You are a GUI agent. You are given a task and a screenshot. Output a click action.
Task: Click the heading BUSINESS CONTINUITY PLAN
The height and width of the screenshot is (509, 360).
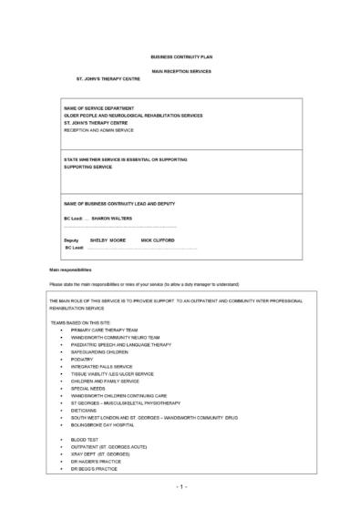[x=181, y=56]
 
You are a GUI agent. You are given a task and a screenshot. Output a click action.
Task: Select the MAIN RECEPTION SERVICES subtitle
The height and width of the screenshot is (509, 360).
[x=181, y=70]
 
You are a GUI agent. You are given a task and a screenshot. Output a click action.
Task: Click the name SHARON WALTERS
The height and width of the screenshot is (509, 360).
[x=112, y=218]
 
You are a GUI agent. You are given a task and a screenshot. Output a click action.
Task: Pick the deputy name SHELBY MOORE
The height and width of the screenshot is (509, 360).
[x=108, y=239]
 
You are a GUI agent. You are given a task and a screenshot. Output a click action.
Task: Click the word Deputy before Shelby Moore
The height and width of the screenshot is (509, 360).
[x=71, y=239]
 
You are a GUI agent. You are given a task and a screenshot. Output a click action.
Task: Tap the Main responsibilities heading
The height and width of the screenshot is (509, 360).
[x=71, y=270]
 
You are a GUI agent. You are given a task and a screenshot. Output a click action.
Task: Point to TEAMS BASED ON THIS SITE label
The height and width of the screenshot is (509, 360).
[x=89, y=321]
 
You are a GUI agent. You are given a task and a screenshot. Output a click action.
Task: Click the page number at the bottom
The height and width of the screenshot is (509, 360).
[x=181, y=488]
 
